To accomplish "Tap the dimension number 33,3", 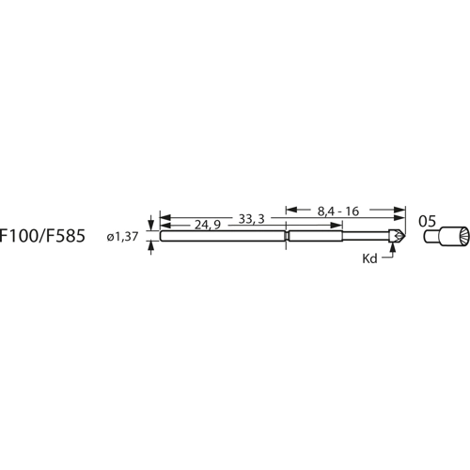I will coord(250,218).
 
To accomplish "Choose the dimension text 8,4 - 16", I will coord(339,211).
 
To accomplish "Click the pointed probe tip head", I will coord(399,237).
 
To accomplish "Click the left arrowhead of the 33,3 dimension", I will coord(164,218).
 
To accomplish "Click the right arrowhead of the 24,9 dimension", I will coord(281,226).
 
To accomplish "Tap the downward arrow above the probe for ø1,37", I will coord(149,227).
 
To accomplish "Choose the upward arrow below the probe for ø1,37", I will coord(149,248).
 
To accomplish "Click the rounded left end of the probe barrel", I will coord(163,237).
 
